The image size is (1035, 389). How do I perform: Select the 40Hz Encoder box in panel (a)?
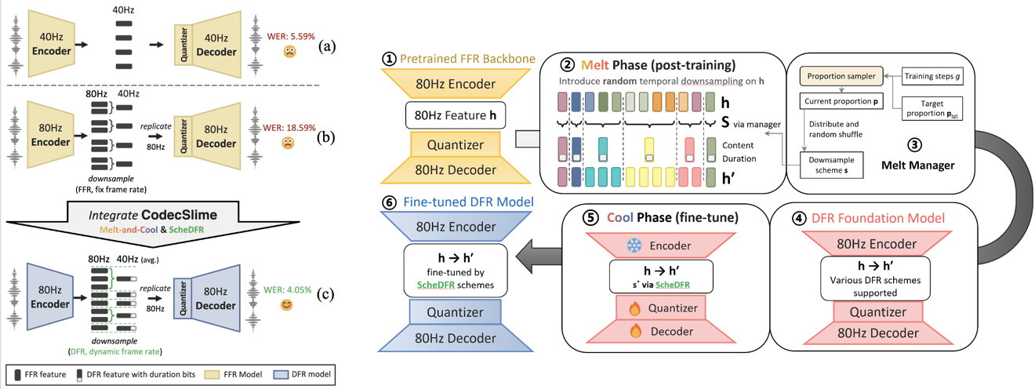coord(51,42)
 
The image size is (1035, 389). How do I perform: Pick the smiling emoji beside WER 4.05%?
coord(287,305)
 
